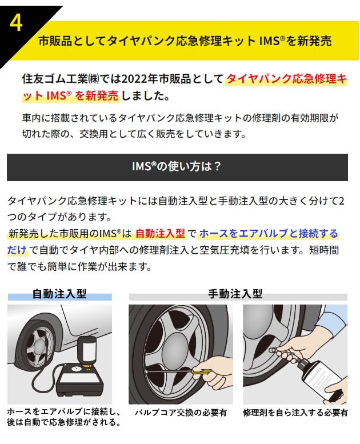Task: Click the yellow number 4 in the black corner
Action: (x=16, y=23)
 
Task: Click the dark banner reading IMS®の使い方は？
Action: (x=177, y=167)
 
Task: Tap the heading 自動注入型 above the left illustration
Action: (x=59, y=294)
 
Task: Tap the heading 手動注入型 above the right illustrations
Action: (x=235, y=294)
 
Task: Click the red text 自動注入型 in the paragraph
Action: (x=161, y=233)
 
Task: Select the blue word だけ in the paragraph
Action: (x=17, y=250)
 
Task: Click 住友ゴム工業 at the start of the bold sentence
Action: (x=55, y=79)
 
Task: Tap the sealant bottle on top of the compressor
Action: (x=87, y=351)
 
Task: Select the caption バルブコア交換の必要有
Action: (x=181, y=413)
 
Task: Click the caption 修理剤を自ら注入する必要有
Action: (x=295, y=413)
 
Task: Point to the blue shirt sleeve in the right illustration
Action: (x=332, y=321)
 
